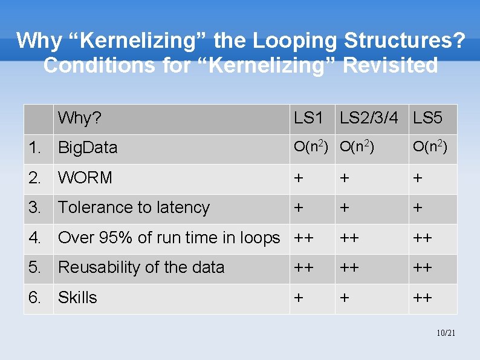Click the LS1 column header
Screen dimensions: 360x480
click(x=308, y=118)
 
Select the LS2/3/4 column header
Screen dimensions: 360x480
click(x=369, y=118)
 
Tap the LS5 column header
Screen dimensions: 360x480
click(x=427, y=118)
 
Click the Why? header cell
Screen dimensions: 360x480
click(x=79, y=118)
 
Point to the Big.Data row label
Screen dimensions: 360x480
click(x=87, y=148)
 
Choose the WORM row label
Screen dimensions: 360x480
click(x=85, y=178)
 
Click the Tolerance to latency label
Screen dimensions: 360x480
click(x=134, y=208)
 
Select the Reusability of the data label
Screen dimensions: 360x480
click(x=141, y=267)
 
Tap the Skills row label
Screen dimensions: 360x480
click(x=77, y=298)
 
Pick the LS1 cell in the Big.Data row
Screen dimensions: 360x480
click(x=311, y=147)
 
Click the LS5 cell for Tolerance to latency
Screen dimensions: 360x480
click(x=418, y=208)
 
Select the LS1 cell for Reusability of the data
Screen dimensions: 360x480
click(x=303, y=267)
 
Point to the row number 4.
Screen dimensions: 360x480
click(x=36, y=238)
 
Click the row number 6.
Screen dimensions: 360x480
click(x=36, y=298)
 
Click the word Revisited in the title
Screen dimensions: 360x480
click(x=390, y=65)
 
